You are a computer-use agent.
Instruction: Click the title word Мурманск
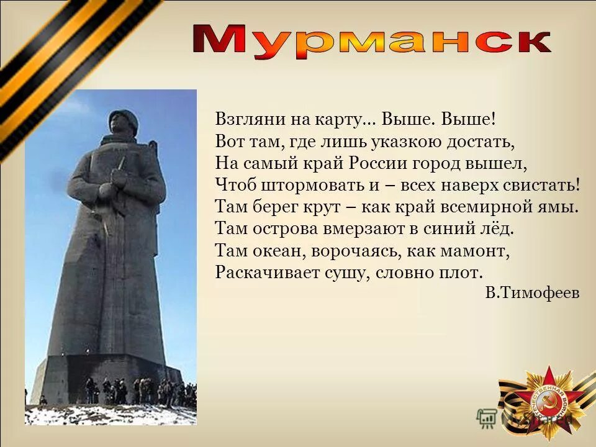click(x=372, y=41)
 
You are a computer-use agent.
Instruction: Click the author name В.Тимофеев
click(x=532, y=293)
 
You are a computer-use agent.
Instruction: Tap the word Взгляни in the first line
click(x=243, y=118)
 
